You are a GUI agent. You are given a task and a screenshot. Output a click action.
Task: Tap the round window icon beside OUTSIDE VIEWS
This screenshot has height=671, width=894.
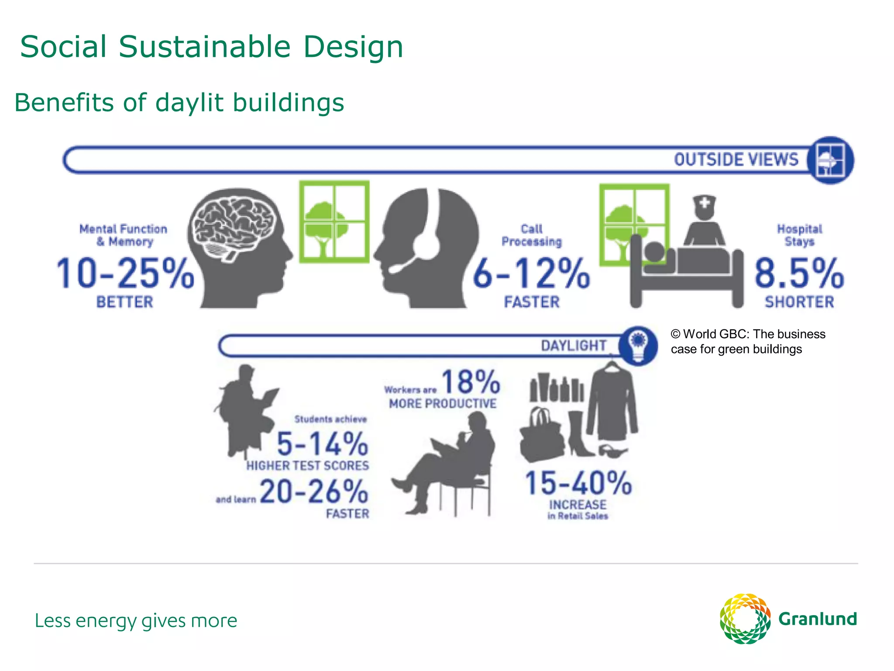click(x=830, y=160)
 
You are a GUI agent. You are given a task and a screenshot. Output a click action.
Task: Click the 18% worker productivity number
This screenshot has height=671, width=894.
click(x=471, y=382)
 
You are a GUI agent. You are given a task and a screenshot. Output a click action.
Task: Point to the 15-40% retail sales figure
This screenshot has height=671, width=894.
click(x=578, y=483)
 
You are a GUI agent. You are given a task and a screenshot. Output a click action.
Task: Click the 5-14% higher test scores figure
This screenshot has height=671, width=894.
click(x=323, y=444)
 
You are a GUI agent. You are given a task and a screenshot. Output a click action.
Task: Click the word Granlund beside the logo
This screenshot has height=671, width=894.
click(x=818, y=619)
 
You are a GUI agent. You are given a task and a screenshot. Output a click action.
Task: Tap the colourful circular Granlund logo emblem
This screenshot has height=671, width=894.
click(x=745, y=619)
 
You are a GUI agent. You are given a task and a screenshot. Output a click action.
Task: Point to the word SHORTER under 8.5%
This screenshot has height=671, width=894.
click(x=799, y=302)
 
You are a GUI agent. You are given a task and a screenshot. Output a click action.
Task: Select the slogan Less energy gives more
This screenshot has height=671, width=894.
click(x=136, y=621)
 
